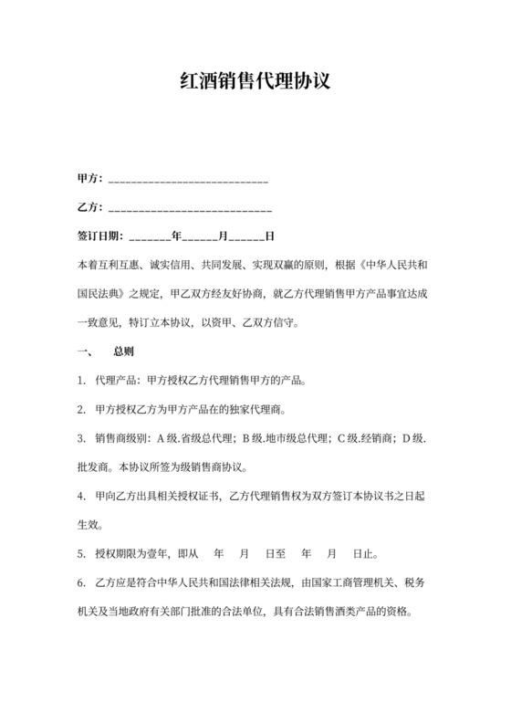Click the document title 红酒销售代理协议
pos(255,82)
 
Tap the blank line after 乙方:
pos(189,207)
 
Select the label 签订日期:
pos(101,236)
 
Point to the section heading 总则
pos(124,351)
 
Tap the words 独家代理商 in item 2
pos(268,409)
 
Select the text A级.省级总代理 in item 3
pos(192,438)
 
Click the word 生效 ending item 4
pos(89,525)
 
